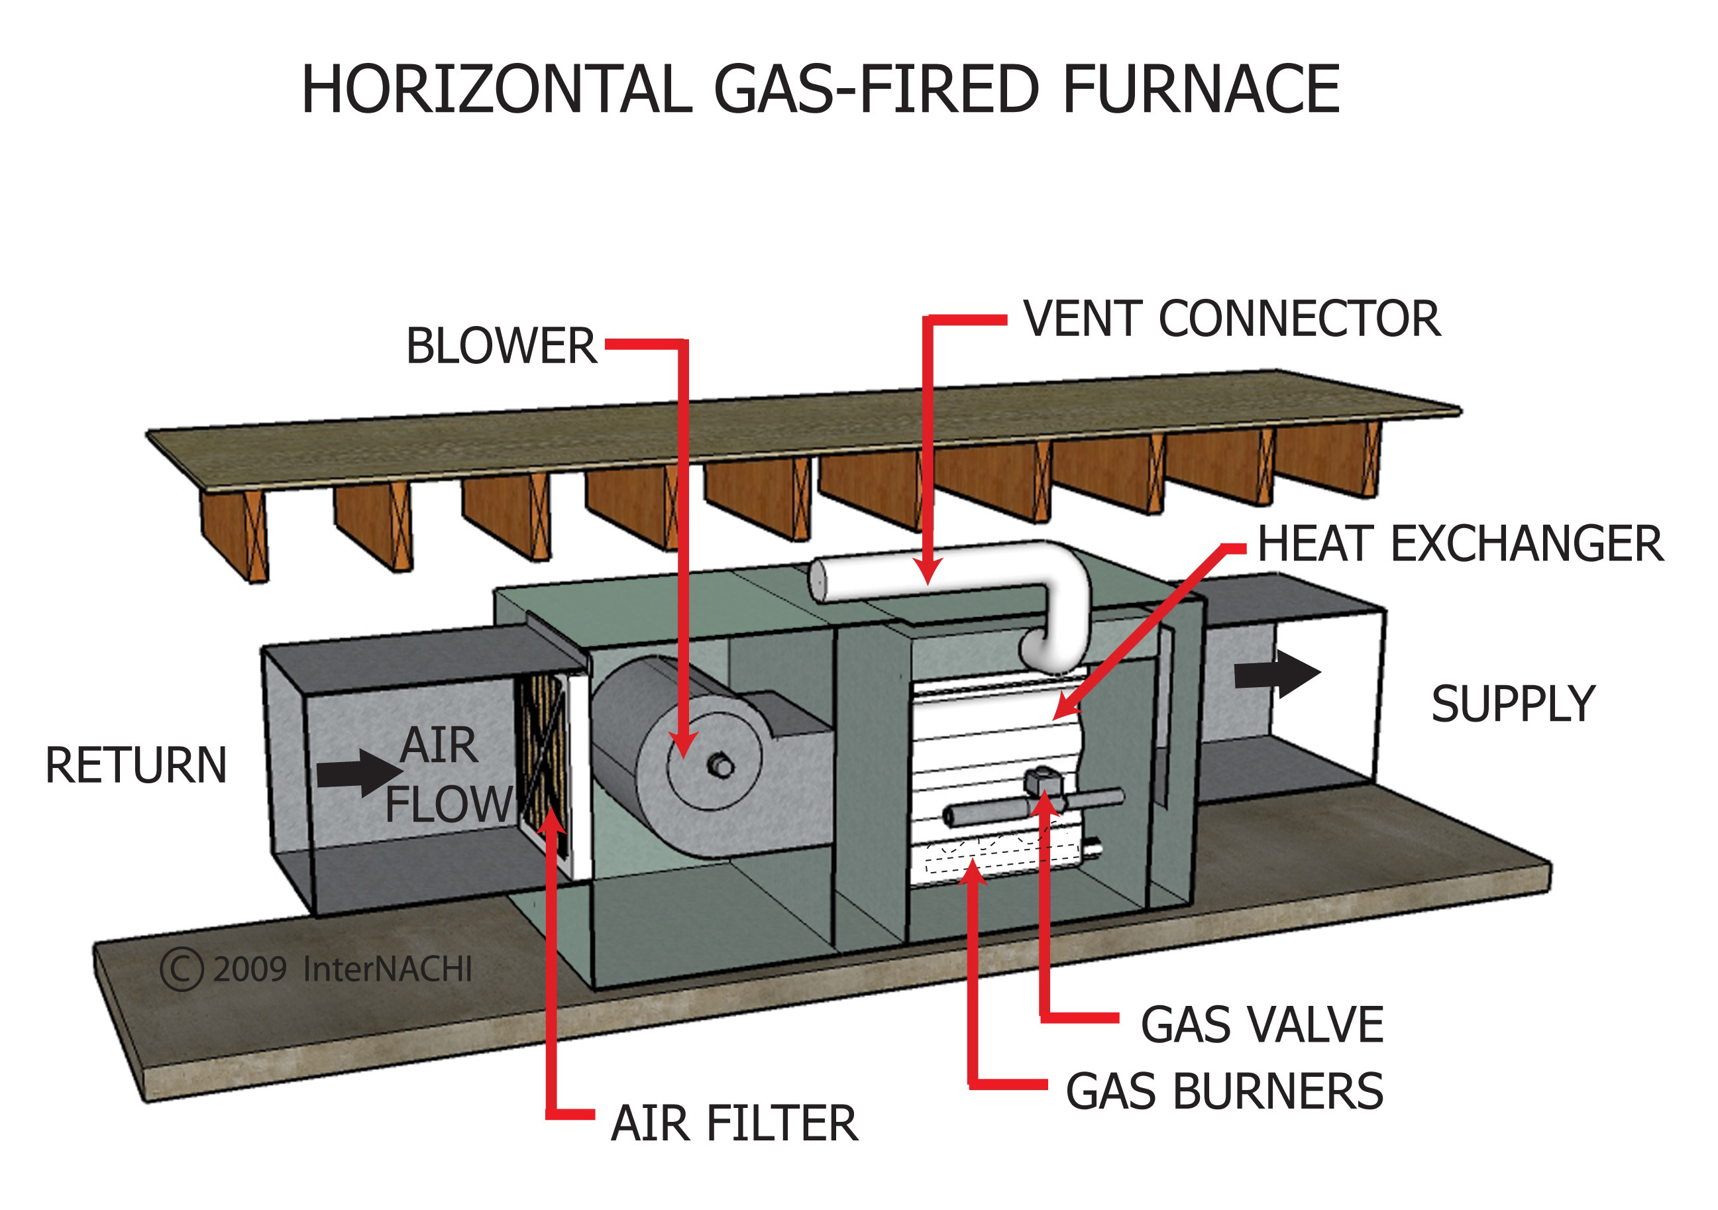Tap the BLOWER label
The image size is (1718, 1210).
[502, 347]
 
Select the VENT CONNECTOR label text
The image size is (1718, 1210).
[1231, 319]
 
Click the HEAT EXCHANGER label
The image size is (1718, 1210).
[1460, 544]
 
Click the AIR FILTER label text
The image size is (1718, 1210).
[734, 1123]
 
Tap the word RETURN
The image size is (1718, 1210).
[136, 765]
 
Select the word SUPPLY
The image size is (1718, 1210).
[1513, 704]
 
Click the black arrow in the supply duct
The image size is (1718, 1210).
[1277, 673]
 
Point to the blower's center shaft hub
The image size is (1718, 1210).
[721, 765]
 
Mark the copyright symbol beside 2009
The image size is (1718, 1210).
[181, 970]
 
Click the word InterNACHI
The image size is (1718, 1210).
[387, 970]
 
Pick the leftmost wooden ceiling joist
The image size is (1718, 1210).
[236, 533]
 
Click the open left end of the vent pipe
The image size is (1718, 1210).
[819, 580]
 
